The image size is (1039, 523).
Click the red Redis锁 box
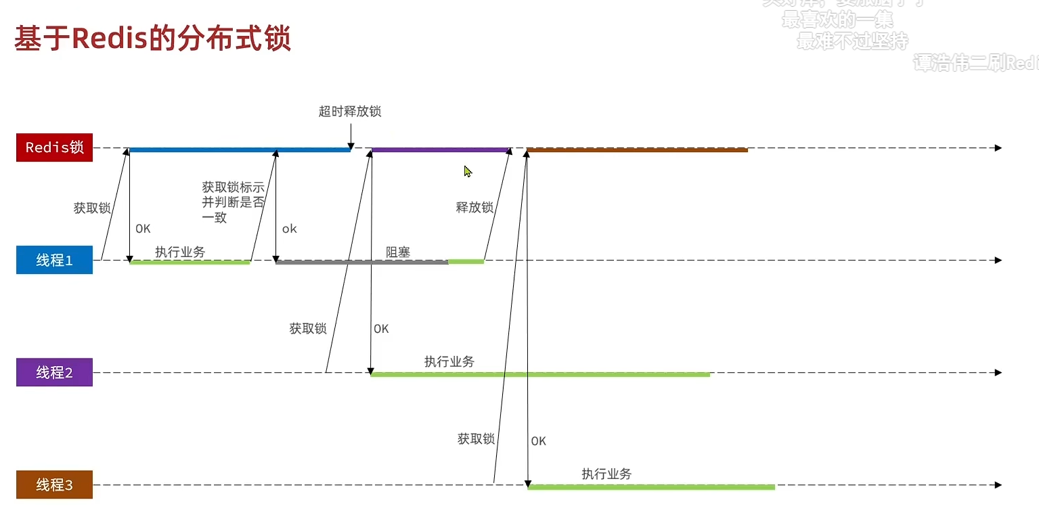(x=54, y=147)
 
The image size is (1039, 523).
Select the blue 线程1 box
(x=54, y=260)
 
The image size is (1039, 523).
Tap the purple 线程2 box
(x=54, y=373)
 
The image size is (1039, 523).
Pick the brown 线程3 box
(x=54, y=485)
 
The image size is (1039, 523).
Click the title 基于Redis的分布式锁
(x=153, y=39)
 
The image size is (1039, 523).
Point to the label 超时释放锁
(x=350, y=111)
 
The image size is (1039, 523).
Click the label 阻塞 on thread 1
(x=398, y=252)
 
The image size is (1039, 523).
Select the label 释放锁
(x=474, y=208)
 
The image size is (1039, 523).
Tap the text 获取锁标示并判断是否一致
(x=232, y=202)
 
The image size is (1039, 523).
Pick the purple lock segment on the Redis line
(x=440, y=150)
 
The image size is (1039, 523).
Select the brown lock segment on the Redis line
(x=636, y=150)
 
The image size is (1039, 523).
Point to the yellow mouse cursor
(x=468, y=172)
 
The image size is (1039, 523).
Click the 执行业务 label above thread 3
(x=606, y=474)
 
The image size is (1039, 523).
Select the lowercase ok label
(x=290, y=229)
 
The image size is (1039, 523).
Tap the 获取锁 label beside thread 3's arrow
(x=476, y=439)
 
